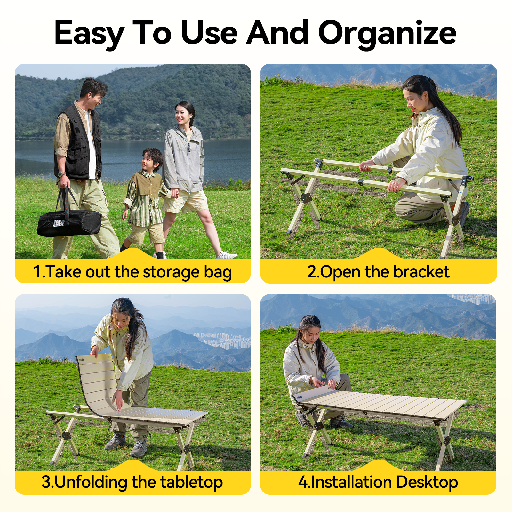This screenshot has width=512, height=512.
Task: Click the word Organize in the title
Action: (387, 33)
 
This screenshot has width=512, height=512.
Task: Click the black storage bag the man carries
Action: (69, 223)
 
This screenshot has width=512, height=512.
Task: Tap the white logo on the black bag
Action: (59, 223)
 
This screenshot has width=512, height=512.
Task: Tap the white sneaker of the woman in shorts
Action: (227, 255)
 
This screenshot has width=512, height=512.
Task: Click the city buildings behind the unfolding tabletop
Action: (224, 341)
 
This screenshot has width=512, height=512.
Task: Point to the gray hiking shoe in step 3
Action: (139, 448)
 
